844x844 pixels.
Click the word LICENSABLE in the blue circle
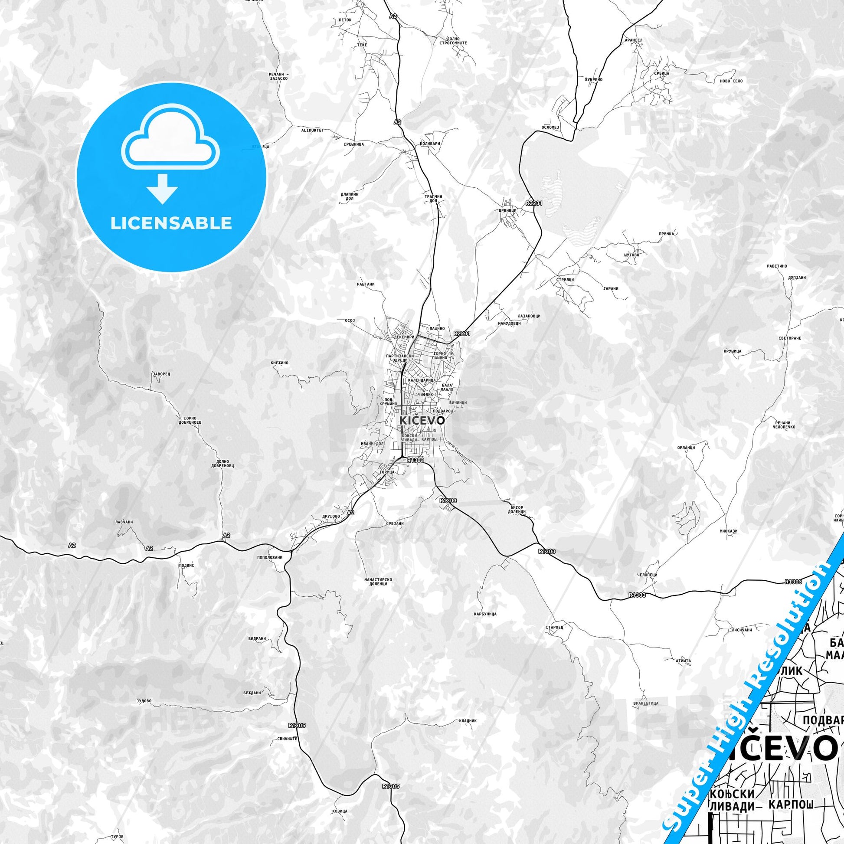click(x=171, y=223)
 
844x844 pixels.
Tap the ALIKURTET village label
click(x=312, y=130)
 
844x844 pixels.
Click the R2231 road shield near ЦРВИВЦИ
click(x=534, y=203)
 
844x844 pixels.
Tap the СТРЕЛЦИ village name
click(x=565, y=280)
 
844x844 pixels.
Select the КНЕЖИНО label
click(x=280, y=363)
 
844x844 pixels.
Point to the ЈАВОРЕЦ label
click(x=161, y=374)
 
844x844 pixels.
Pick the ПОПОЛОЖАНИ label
click(x=269, y=557)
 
